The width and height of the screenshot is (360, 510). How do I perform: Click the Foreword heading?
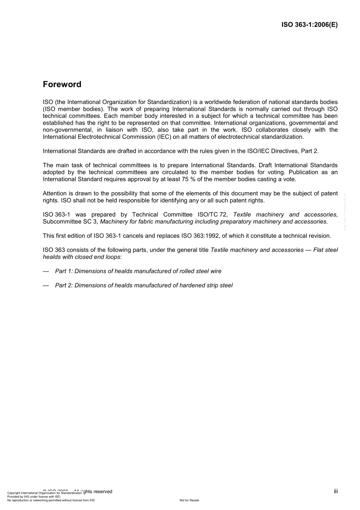(62, 84)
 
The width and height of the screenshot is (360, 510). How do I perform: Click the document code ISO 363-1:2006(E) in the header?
(309, 25)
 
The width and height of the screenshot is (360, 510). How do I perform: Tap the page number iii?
(336, 491)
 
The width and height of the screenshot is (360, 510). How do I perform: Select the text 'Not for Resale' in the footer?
(189, 500)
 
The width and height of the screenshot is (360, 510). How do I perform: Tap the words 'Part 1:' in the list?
(64, 271)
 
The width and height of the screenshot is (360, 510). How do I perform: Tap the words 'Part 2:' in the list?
(64, 285)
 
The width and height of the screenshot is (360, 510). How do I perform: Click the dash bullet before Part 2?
(46, 285)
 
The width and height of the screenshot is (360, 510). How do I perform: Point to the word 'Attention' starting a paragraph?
(55, 193)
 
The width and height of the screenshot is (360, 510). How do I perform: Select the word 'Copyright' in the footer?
(14, 493)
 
